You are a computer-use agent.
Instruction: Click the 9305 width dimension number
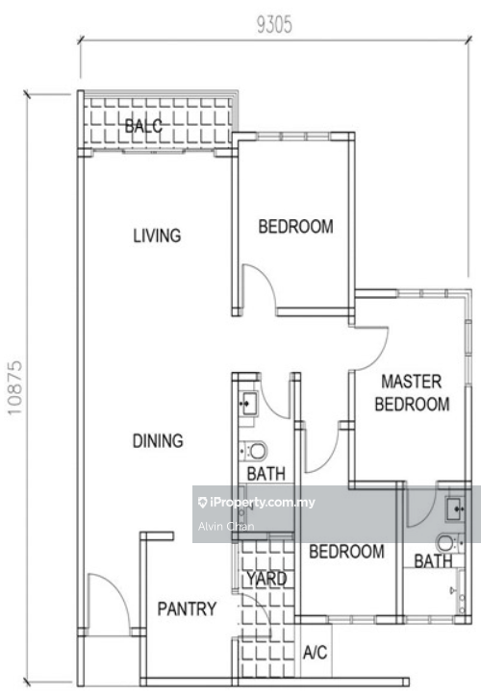click(274, 25)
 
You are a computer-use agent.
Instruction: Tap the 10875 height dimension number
click(14, 387)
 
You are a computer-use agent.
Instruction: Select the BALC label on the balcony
click(143, 126)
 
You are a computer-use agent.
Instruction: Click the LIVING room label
click(157, 235)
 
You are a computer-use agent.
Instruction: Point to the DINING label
click(158, 441)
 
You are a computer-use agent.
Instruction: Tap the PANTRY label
click(187, 609)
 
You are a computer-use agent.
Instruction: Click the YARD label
click(266, 579)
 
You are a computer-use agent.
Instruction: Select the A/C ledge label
click(316, 653)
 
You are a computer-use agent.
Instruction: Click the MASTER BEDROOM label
click(412, 393)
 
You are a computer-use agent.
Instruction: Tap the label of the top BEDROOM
click(296, 227)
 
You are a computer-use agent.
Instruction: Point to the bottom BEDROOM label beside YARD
click(346, 552)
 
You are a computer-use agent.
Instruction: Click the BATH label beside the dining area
click(266, 474)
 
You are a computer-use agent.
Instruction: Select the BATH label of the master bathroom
click(433, 561)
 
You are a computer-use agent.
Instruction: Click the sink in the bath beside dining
click(248, 403)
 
